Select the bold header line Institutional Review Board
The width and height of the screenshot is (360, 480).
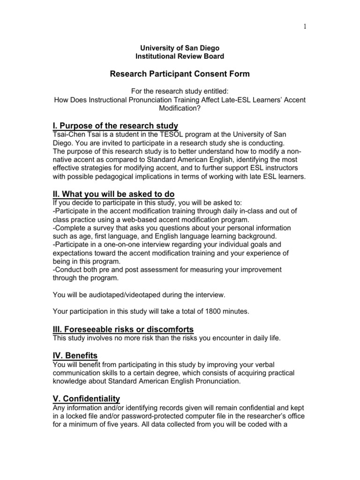[180, 56]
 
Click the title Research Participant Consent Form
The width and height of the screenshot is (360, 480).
[180, 74]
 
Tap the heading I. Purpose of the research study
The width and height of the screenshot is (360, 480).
[115, 125]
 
